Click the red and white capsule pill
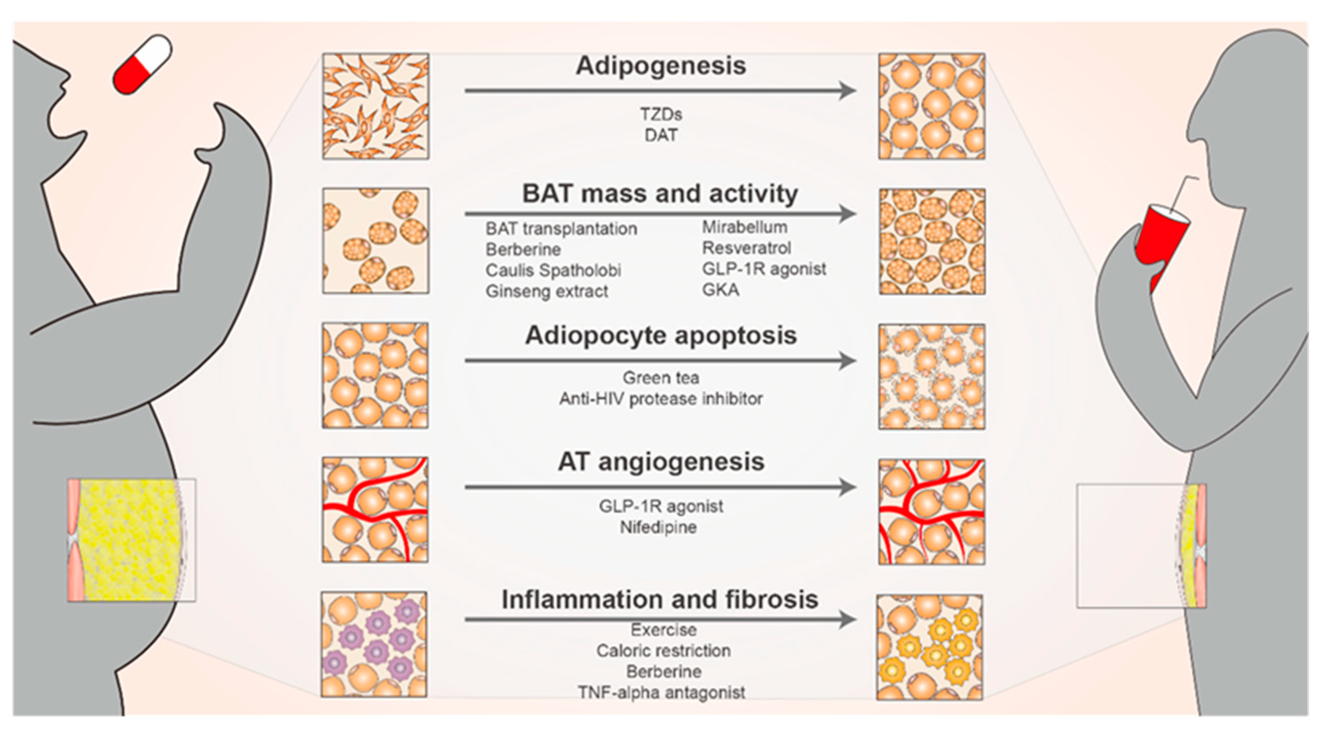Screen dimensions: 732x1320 [142, 64]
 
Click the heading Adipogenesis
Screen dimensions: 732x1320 [661, 66]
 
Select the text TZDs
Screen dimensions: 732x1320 [661, 114]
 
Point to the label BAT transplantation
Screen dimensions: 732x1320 [561, 228]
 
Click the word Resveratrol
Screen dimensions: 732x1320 [746, 248]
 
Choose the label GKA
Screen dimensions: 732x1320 [721, 290]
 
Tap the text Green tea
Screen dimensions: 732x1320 [661, 378]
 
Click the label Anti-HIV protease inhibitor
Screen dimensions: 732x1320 [661, 399]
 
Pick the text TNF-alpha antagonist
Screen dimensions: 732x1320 [661, 693]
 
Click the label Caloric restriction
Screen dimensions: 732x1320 [663, 651]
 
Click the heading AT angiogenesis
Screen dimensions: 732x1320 [661, 462]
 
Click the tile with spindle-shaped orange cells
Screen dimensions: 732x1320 [375, 106]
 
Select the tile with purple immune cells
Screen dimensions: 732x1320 [374, 644]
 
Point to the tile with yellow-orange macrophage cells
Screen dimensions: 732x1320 [929, 647]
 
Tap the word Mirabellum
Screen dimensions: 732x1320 [745, 227]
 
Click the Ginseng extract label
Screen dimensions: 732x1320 [546, 292]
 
